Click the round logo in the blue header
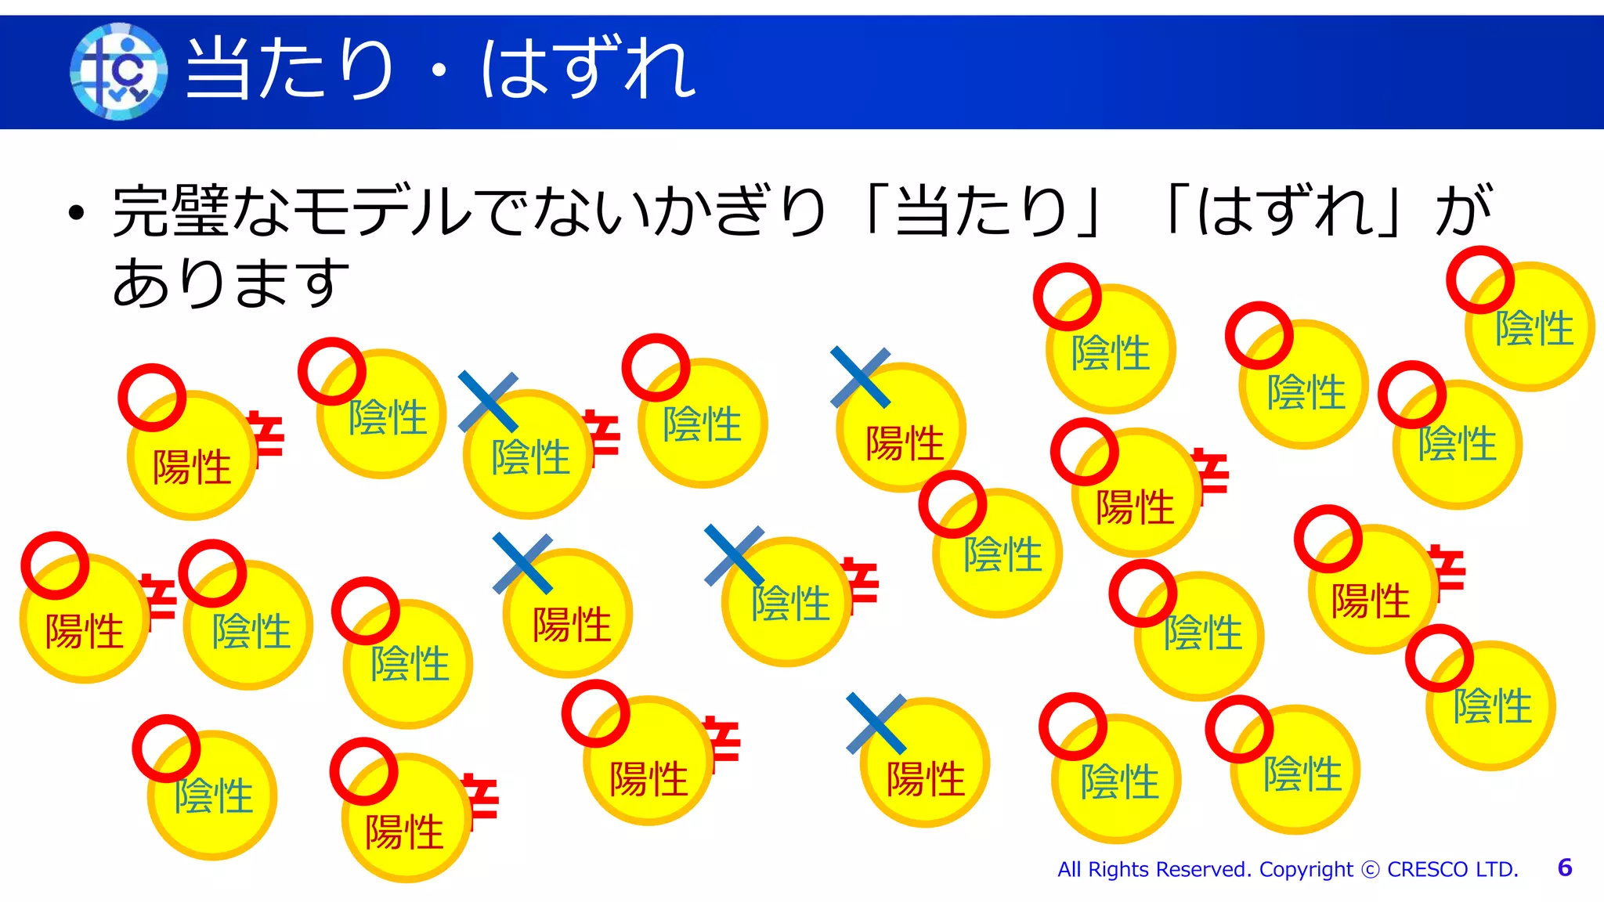pyautogui.click(x=118, y=71)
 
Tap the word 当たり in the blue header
pyautogui.click(x=289, y=70)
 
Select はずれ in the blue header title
pyautogui.click(x=587, y=70)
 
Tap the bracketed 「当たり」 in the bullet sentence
pyautogui.click(x=983, y=211)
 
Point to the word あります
pyautogui.click(x=230, y=282)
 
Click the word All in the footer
pyautogui.click(x=1069, y=869)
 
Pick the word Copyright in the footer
pyautogui.click(x=1306, y=869)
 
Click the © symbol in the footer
pyautogui.click(x=1370, y=870)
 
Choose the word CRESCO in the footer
pyautogui.click(x=1427, y=869)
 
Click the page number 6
pyautogui.click(x=1565, y=868)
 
